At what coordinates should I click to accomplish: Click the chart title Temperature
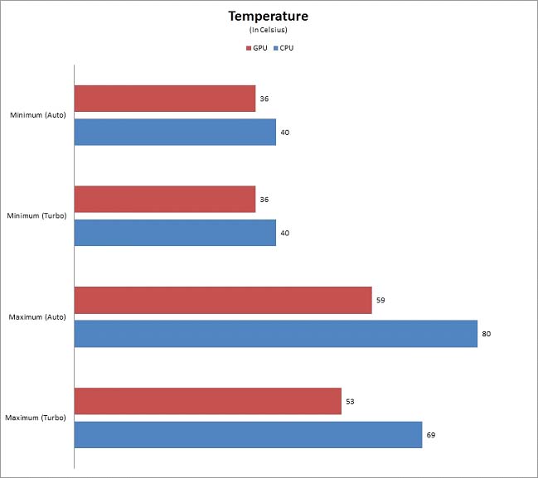268,16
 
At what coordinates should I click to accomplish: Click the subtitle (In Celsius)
268,31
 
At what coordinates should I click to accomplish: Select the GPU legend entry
257,48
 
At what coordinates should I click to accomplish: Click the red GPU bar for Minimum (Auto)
165,99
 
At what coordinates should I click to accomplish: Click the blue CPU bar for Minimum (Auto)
175,132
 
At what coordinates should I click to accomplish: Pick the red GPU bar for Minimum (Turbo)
165,200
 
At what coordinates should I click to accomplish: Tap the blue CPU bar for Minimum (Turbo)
175,233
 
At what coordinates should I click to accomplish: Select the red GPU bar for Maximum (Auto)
223,300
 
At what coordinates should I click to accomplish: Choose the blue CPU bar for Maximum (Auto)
276,334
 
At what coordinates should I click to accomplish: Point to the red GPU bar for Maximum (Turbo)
208,401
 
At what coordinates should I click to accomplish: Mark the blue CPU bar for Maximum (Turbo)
248,434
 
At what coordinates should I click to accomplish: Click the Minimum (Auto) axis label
39,115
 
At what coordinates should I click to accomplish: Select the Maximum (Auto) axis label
38,316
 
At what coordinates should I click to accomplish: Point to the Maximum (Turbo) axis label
37,418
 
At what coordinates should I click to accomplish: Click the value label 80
487,334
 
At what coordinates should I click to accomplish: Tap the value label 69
431,434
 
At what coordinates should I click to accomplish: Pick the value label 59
380,300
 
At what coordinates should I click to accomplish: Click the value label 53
351,401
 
